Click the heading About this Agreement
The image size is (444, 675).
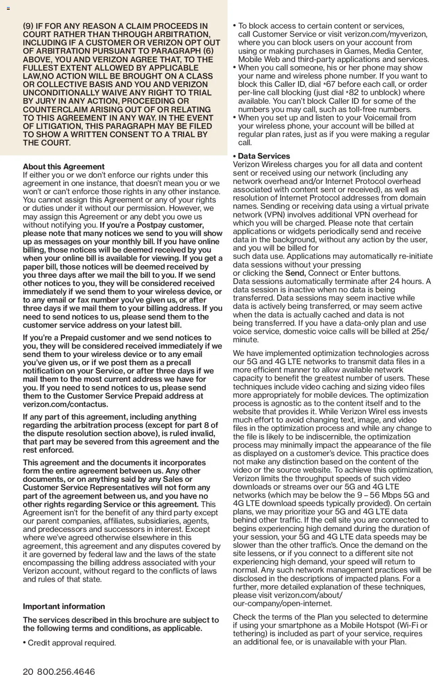pyautogui.click(x=63, y=166)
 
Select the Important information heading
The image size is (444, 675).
pyautogui.click(x=63, y=606)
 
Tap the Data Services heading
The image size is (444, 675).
pyautogui.click(x=264, y=156)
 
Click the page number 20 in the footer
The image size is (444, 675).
pyautogui.click(x=28, y=672)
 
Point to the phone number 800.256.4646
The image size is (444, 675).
pyautogui.click(x=66, y=672)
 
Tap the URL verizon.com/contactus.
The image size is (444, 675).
pyautogui.click(x=65, y=404)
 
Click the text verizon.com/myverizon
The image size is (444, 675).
pyautogui.click(x=385, y=34)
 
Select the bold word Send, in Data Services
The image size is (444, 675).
pyautogui.click(x=295, y=273)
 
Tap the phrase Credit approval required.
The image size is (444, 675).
pyautogui.click(x=72, y=643)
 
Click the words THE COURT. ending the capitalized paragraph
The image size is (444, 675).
pyautogui.click(x=47, y=143)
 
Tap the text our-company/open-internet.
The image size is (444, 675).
pyautogui.click(x=282, y=603)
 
